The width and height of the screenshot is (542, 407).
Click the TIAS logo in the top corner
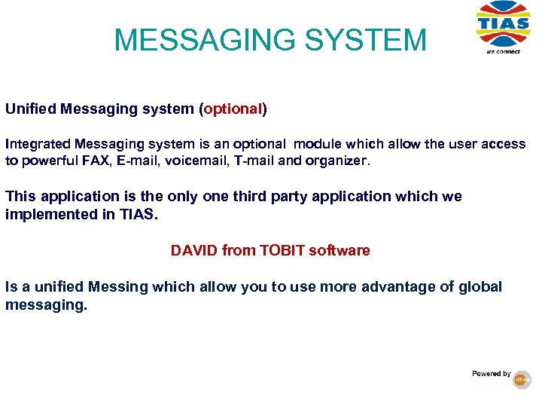point(503,23)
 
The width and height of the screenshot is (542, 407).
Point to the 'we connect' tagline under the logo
point(502,51)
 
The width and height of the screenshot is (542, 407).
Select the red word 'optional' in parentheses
point(233,109)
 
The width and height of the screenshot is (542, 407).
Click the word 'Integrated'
point(35,144)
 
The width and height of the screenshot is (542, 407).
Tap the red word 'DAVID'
point(193,250)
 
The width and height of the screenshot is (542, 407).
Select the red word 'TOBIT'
point(283,250)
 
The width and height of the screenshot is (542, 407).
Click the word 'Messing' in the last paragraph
point(117,287)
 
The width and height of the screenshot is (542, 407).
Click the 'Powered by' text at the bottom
point(492,374)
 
